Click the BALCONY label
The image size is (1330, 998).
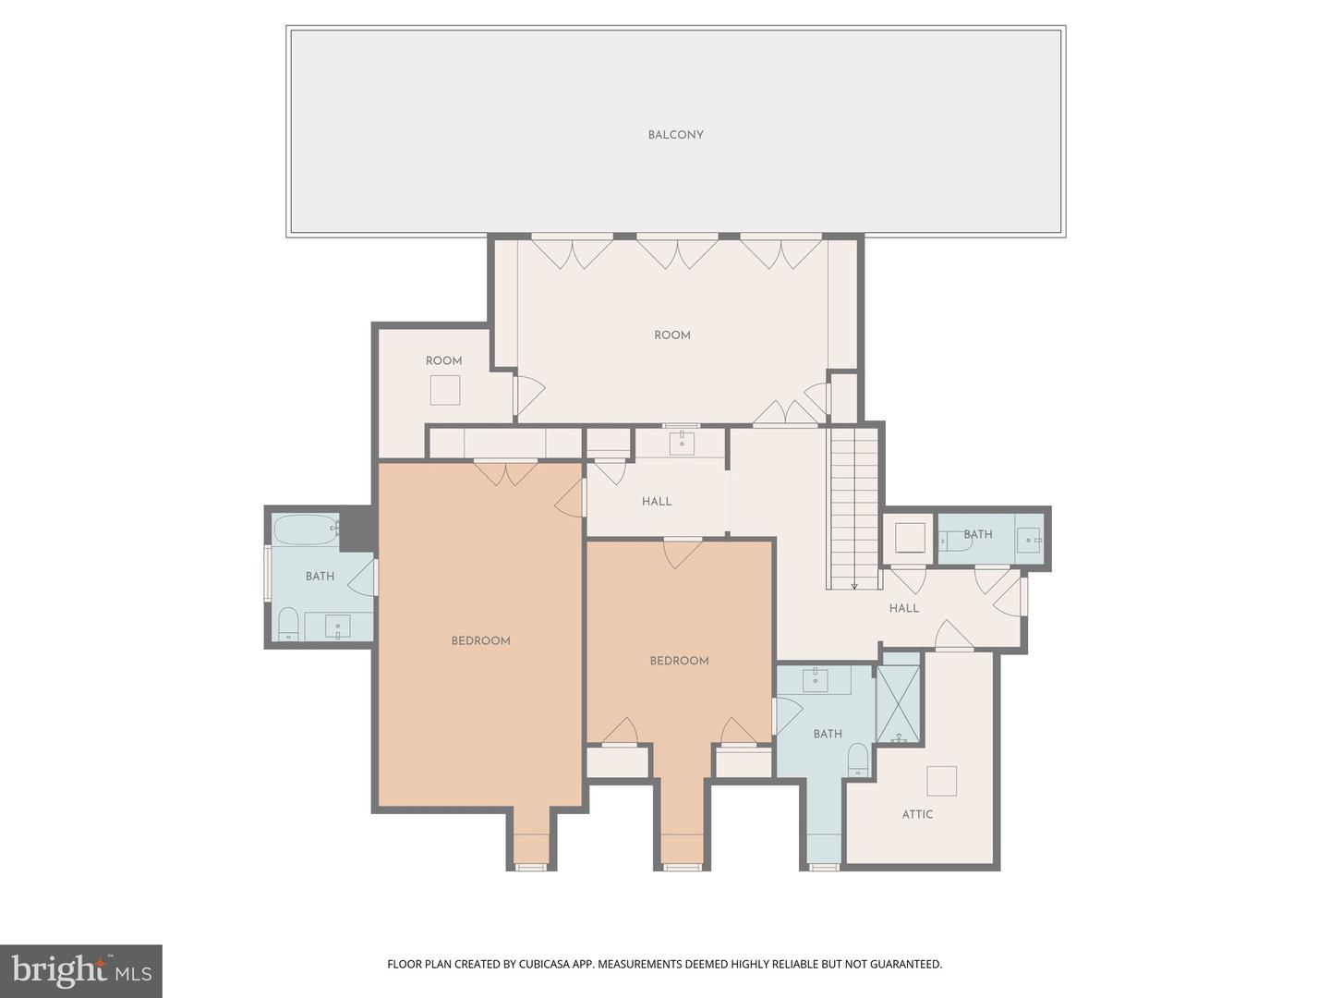675,135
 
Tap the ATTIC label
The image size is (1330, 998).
917,814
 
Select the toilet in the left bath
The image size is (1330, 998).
288,624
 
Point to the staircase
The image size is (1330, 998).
854,508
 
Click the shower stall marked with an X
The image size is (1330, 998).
898,704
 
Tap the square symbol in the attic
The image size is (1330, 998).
941,781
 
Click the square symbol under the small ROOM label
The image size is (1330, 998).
445,390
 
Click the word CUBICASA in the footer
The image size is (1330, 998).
545,965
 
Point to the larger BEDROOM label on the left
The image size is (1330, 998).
480,641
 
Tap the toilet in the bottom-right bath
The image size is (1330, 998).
858,760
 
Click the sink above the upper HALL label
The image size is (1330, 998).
683,443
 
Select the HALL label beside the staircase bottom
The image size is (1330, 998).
904,608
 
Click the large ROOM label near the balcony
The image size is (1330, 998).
672,335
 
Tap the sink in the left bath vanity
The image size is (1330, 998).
337,626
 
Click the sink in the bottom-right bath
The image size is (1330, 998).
816,679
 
